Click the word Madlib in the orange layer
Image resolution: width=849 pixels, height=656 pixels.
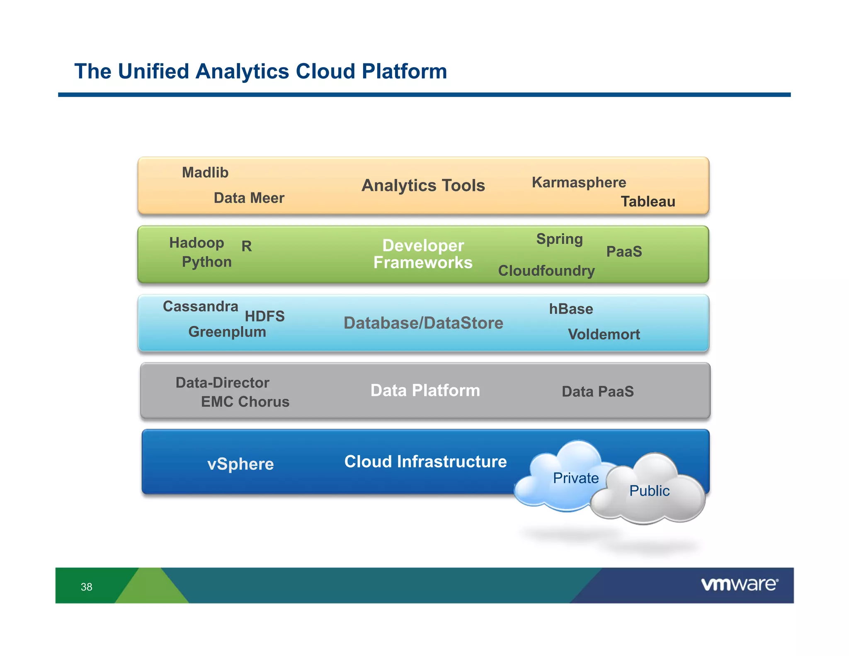[205, 173]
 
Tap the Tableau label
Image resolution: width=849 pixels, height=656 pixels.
[648, 202]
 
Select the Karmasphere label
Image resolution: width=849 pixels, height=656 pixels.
[579, 182]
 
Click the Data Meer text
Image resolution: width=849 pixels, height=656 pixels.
[249, 198]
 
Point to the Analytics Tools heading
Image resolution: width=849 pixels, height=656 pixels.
[423, 185]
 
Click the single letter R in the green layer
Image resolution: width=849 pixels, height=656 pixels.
[247, 246]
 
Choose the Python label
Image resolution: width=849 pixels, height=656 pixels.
[206, 262]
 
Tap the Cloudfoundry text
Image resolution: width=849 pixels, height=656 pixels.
[546, 271]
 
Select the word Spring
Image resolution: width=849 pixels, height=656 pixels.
[559, 239]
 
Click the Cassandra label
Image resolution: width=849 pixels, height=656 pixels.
[200, 306]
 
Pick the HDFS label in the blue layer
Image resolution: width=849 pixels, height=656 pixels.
[264, 316]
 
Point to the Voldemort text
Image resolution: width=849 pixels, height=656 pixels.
[604, 334]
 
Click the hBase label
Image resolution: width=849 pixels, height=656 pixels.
[571, 309]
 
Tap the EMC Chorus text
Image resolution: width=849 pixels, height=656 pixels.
[245, 402]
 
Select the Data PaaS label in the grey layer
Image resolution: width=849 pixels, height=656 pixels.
[597, 391]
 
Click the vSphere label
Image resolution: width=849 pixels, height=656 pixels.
[240, 464]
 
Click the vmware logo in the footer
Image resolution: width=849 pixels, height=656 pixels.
[739, 585]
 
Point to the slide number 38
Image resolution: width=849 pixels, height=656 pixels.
[86, 587]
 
